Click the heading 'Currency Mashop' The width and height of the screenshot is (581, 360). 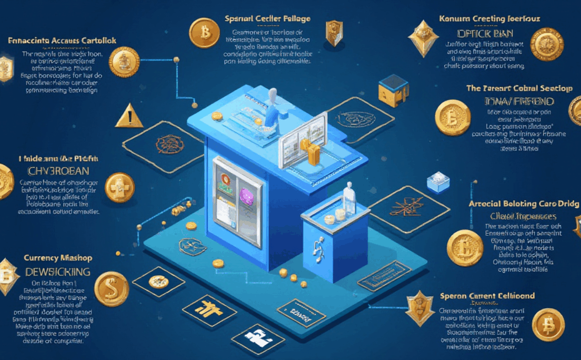tap(57, 257)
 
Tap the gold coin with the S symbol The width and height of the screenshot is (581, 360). tap(112, 288)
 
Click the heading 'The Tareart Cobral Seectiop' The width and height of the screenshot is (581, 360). tap(519, 88)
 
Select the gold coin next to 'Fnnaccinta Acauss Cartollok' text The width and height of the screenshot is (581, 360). tap(124, 62)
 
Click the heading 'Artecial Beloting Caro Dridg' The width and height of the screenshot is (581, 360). tap(524, 204)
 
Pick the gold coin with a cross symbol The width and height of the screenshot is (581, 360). tap(119, 187)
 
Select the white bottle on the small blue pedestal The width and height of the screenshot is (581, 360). tap(349, 199)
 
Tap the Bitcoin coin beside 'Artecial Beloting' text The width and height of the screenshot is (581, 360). tap(465, 247)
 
